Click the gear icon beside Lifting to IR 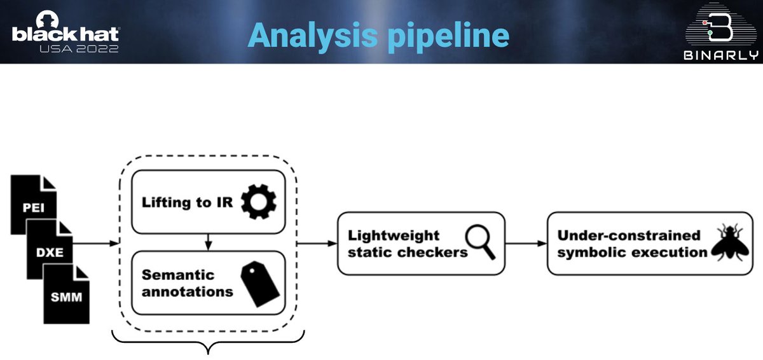[259, 202]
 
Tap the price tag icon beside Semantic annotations [260, 284]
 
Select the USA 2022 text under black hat [80, 48]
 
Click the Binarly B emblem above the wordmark [721, 25]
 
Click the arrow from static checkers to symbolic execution [526, 243]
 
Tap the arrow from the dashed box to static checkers [316, 243]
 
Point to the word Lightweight [394, 235]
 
